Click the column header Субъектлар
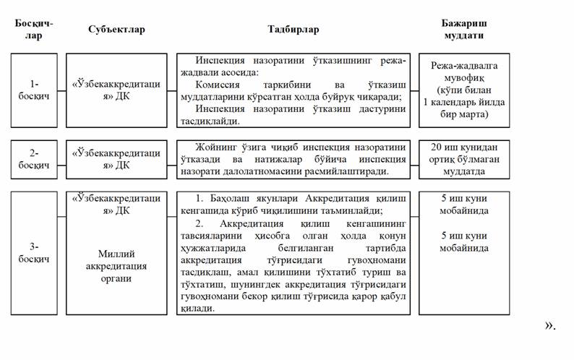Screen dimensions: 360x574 (116, 30)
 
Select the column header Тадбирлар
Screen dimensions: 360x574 (293, 30)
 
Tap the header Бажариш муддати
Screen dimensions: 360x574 (463, 29)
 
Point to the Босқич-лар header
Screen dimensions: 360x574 (34, 29)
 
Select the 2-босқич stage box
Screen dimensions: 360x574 (34, 159)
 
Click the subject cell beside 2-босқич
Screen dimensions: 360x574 (116, 159)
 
